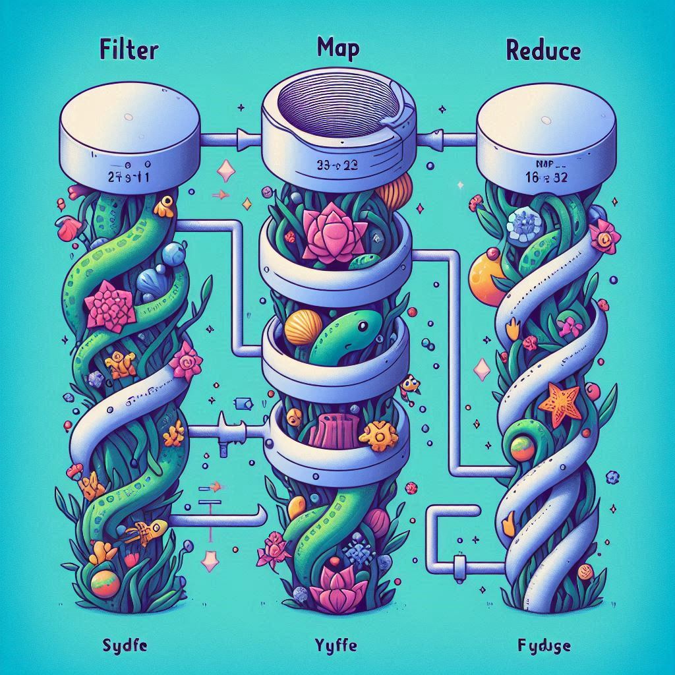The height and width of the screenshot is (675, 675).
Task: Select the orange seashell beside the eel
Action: click(304, 328)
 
